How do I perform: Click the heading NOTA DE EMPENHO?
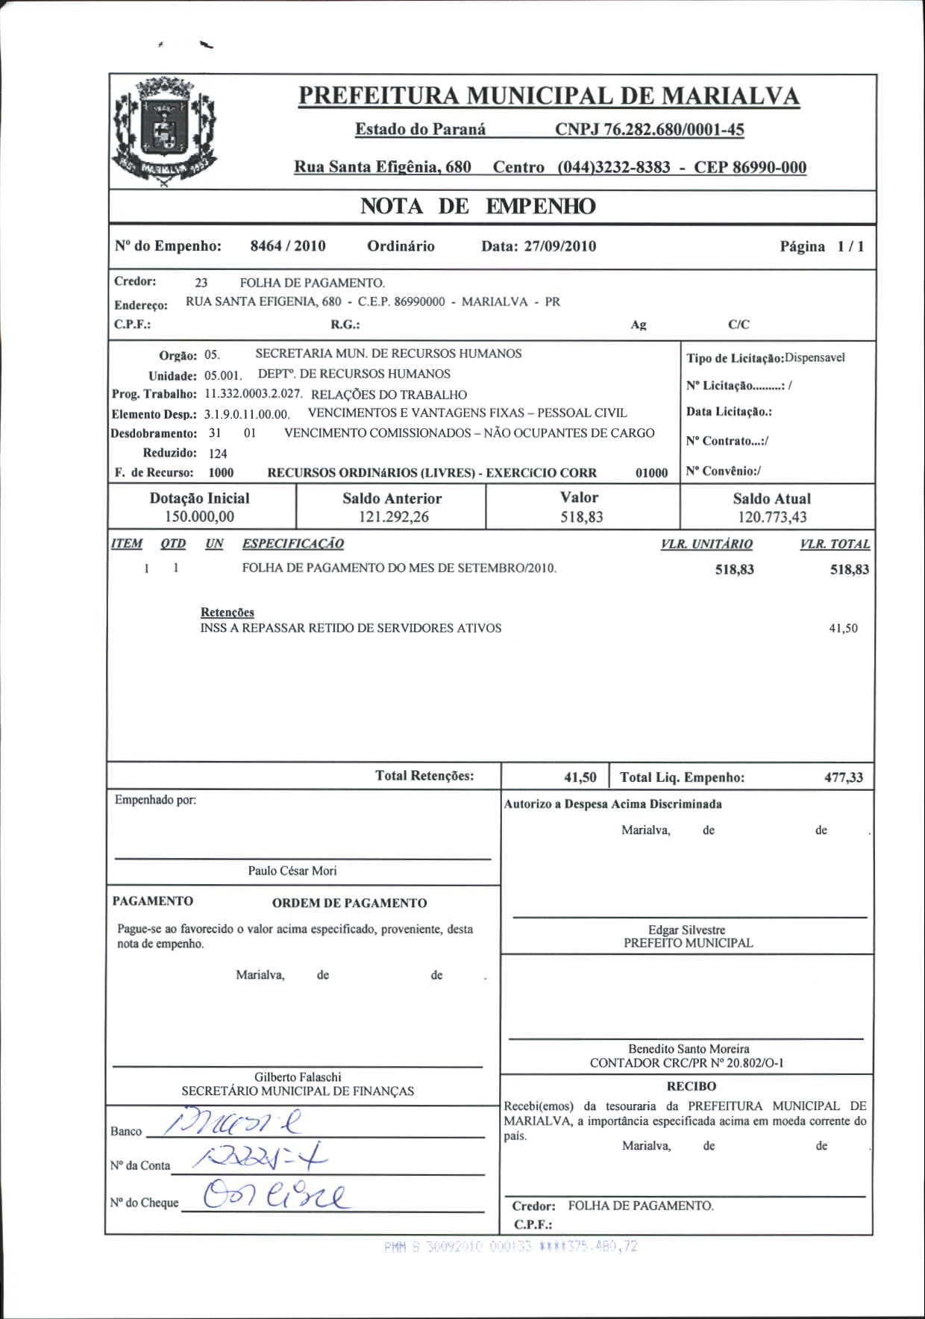pyautogui.click(x=477, y=207)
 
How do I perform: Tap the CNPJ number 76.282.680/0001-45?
pyautogui.click(x=649, y=130)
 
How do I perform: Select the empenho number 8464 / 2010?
pyautogui.click(x=288, y=246)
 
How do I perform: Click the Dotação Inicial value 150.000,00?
pyautogui.click(x=199, y=517)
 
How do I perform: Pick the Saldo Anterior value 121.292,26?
pyautogui.click(x=393, y=517)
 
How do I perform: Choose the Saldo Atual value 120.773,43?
pyautogui.click(x=772, y=517)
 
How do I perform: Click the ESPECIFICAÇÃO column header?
pyautogui.click(x=292, y=544)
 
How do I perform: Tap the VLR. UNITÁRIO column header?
pyautogui.click(x=706, y=545)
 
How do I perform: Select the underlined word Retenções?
pyautogui.click(x=228, y=612)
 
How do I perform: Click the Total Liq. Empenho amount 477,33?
pyautogui.click(x=844, y=777)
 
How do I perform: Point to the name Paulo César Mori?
pyautogui.click(x=292, y=871)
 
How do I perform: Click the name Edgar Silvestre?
pyautogui.click(x=686, y=930)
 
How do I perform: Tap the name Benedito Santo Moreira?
pyautogui.click(x=688, y=1049)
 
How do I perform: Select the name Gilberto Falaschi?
pyautogui.click(x=298, y=1077)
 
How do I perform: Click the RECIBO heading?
pyautogui.click(x=691, y=1087)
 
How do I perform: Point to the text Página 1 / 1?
pyautogui.click(x=822, y=247)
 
